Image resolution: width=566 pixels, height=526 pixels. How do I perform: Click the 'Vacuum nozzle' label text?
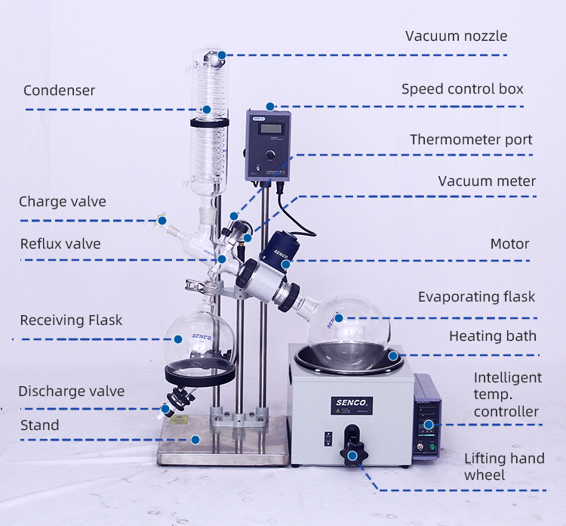click(457, 36)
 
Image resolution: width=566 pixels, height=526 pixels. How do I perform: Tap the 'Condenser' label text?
click(59, 91)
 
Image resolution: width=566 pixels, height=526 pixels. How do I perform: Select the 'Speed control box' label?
click(463, 89)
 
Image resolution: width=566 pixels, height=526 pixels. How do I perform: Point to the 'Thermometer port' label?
click(471, 140)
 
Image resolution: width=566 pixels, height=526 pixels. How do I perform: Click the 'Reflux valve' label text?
click(60, 244)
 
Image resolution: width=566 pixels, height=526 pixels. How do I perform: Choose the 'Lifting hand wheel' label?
click(504, 467)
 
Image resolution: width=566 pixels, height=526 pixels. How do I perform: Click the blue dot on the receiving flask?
click(178, 339)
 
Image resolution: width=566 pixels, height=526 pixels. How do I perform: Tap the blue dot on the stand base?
click(195, 440)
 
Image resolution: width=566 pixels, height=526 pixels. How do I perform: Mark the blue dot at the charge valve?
click(162, 221)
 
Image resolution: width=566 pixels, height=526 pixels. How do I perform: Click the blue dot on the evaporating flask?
click(339, 318)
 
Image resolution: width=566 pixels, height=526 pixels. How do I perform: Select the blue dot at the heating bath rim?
click(393, 356)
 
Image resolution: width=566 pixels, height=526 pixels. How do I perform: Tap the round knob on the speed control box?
click(270, 155)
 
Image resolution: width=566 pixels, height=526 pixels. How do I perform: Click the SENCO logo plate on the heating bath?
click(352, 406)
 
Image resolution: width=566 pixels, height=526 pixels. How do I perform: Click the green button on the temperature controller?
click(432, 447)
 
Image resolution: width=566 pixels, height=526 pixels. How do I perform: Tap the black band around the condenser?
click(209, 123)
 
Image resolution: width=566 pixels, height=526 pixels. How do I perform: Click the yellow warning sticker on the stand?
click(179, 419)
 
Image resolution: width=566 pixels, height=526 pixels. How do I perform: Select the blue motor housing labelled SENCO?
click(281, 249)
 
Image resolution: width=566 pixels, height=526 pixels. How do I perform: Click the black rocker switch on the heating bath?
click(328, 439)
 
